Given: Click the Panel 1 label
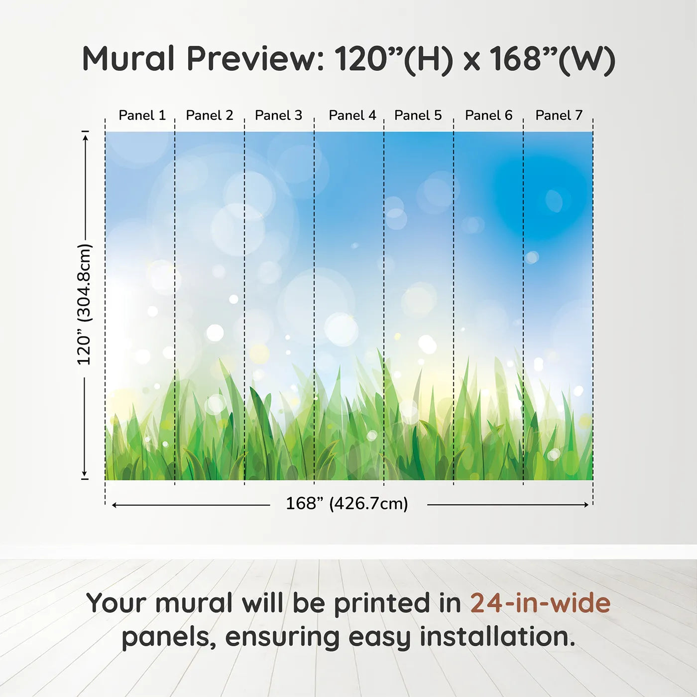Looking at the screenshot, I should coord(142,116).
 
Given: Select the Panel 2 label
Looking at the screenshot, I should coord(209,116).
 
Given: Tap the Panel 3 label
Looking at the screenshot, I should coord(278,116).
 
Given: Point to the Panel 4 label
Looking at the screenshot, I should coord(352,116).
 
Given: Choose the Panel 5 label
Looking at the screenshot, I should coord(418,116).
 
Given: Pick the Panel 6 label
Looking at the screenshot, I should coord(488,116).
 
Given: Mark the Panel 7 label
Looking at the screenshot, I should coord(559,116).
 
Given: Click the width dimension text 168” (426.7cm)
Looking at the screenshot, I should coord(347,504).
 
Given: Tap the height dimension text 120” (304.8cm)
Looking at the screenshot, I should coord(84,304).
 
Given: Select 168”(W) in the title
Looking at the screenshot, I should coord(552,59).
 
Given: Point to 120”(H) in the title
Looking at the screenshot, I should coord(393,59).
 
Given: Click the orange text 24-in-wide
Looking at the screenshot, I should coord(540,603).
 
